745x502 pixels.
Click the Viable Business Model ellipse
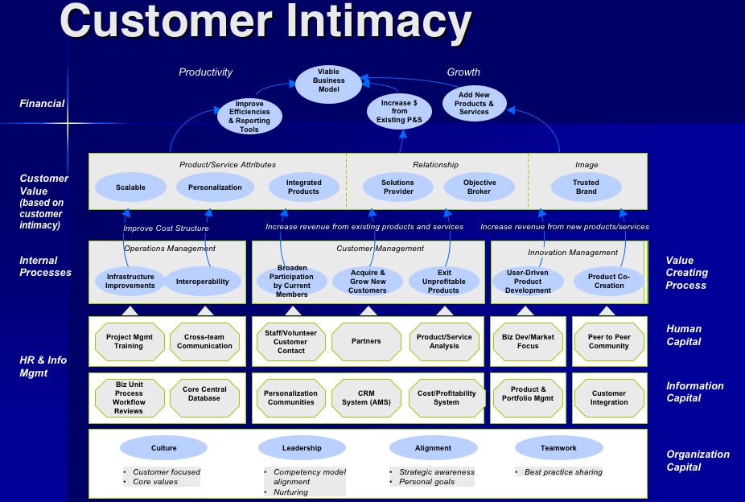328,81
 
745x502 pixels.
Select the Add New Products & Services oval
474,104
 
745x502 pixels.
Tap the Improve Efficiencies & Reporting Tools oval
249,117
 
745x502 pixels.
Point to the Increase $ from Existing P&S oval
400,111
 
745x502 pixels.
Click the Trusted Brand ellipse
586,187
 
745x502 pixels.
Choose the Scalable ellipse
130,187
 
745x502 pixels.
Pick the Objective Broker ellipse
480,187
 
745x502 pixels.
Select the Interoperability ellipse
203,282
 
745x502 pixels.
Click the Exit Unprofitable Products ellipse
443,281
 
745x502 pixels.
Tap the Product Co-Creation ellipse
609,281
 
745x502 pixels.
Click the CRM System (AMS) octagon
366,398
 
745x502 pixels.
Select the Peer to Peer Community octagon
609,341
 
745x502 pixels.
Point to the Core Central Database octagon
204,393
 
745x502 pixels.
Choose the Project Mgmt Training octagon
128,341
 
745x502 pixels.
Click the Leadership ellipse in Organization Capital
302,448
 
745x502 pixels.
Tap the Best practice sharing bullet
563,472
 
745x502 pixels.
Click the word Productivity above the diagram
205,72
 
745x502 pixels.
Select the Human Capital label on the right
684,335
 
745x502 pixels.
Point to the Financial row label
42,104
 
